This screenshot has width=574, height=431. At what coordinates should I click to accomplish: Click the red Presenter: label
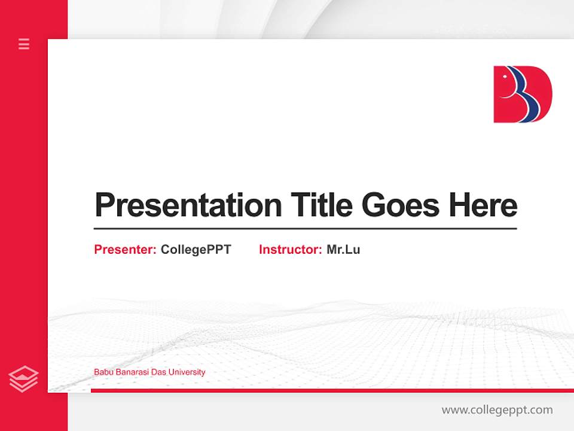125,250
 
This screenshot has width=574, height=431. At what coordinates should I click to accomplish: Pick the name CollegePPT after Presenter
196,250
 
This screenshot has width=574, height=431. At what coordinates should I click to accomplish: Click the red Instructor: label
290,250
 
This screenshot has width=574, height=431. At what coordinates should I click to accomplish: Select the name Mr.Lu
343,250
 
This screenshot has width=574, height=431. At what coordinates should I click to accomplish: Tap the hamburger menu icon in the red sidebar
24,44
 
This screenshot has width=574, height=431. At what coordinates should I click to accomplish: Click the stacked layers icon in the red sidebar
23,379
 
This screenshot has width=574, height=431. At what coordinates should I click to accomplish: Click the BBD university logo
522,95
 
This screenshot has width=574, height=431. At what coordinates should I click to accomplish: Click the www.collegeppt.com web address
497,410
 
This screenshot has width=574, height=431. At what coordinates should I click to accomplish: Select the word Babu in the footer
103,372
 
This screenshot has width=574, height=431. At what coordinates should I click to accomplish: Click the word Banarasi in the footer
132,372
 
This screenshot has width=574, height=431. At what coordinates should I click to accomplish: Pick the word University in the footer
187,372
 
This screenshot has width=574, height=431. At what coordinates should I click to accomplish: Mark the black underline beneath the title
305,228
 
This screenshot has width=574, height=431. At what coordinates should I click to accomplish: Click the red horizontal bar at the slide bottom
329,390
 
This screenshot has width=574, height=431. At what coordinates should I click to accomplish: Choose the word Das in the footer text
158,372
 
